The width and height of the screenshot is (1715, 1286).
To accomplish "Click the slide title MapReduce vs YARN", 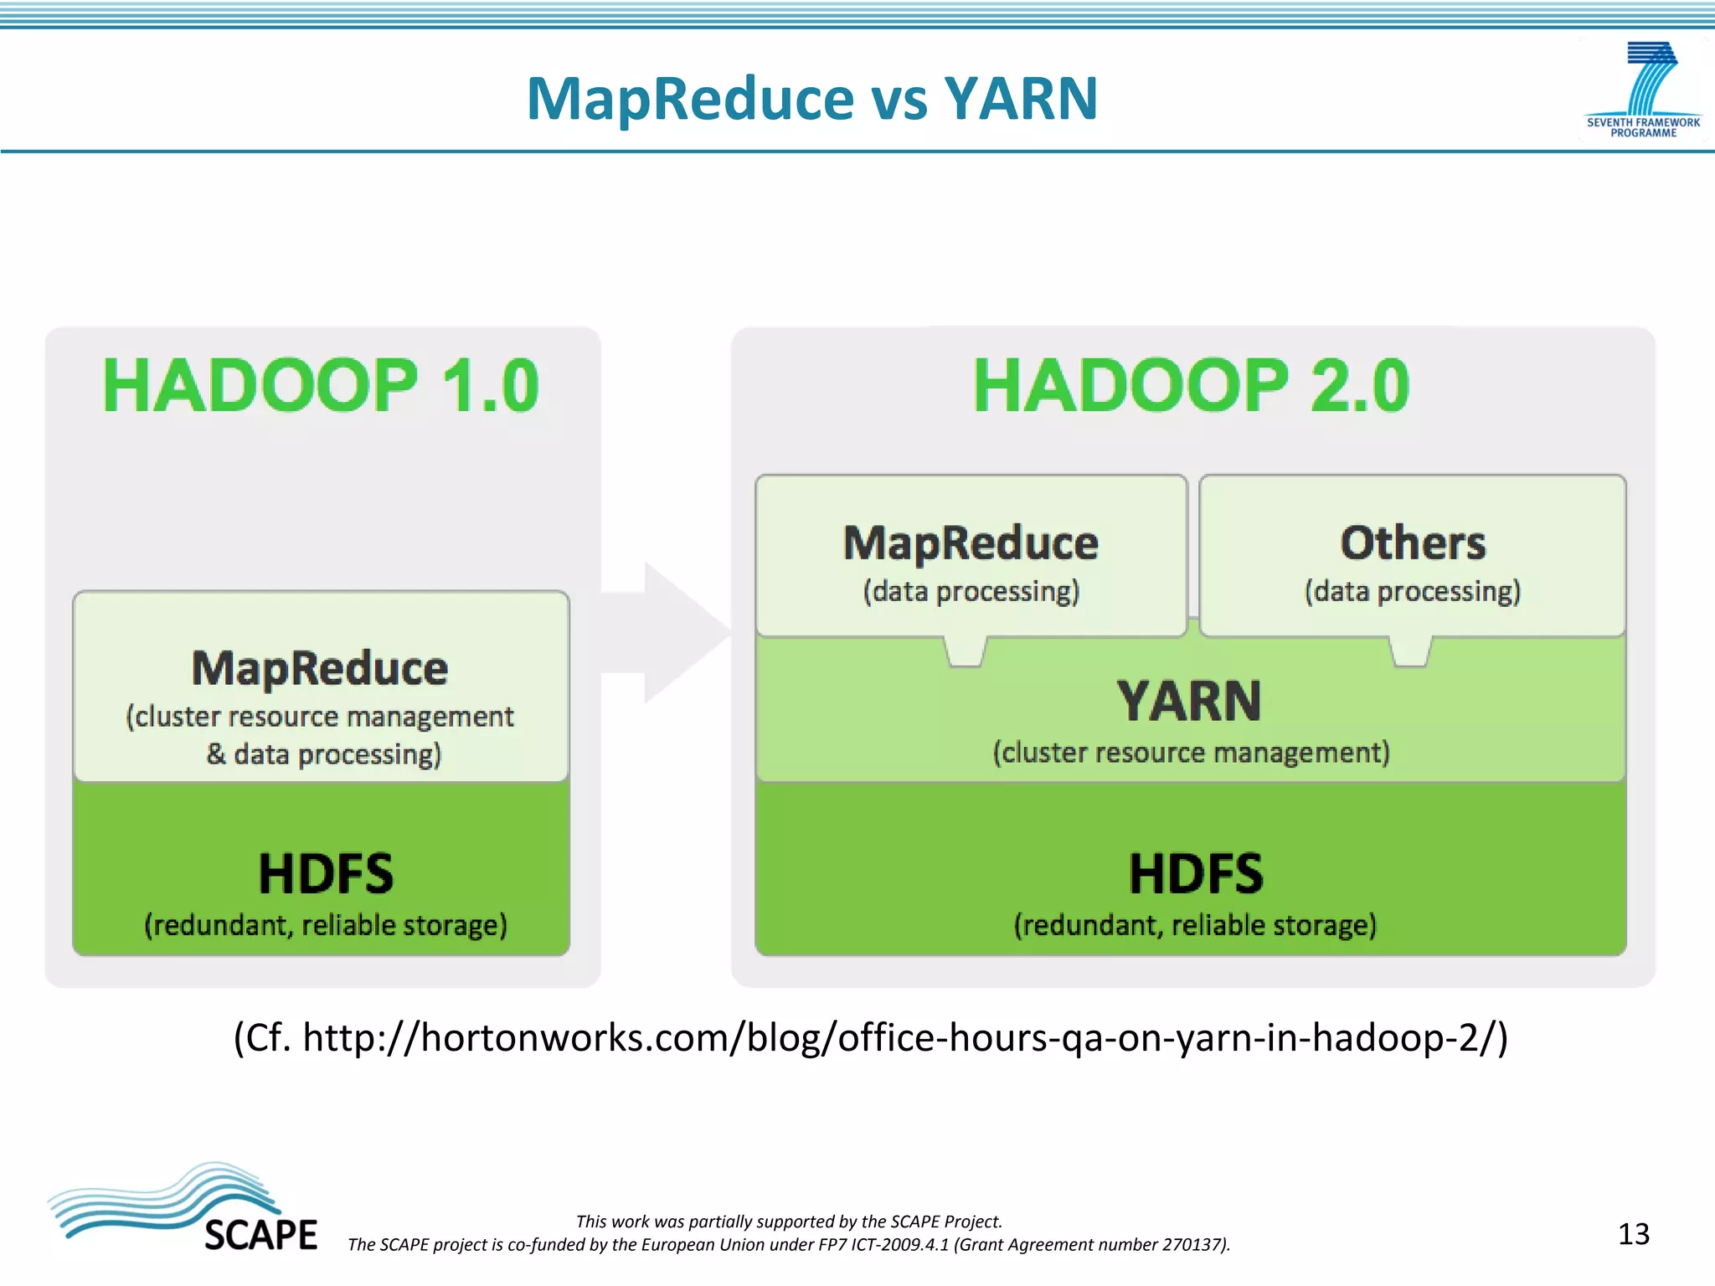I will (811, 99).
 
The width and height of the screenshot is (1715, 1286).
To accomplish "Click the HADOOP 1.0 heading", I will (321, 385).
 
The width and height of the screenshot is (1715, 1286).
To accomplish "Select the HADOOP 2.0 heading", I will (1191, 385).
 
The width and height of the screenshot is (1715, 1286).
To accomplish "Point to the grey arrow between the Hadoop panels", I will (670, 632).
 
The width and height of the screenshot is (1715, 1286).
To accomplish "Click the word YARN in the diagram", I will (1189, 702).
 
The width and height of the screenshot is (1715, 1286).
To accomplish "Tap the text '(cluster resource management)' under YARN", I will (1191, 753).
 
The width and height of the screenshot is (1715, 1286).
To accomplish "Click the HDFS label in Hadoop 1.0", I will (326, 873).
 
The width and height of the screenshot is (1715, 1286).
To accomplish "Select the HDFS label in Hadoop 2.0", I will (1195, 873).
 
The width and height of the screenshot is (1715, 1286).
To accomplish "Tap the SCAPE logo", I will (184, 1210).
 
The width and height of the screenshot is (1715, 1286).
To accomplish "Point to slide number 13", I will (1633, 1234).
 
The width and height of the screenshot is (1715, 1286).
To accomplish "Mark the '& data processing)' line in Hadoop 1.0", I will (324, 754).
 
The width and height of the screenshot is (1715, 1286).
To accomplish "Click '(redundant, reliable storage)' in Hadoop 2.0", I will (1195, 925).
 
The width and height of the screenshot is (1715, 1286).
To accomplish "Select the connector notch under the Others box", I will (1411, 652).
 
